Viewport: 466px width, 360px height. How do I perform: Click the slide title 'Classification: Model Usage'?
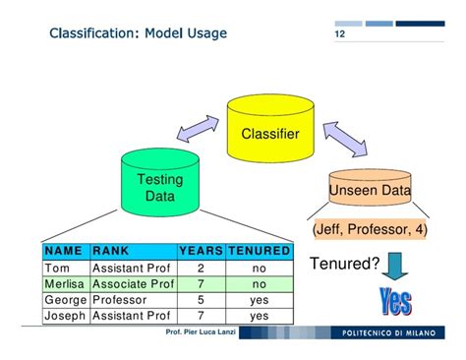tap(138, 34)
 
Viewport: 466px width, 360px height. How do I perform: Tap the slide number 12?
tap(340, 35)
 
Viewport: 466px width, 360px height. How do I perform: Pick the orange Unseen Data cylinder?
tap(370, 190)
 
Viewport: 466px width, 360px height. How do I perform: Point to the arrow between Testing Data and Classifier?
tap(196, 135)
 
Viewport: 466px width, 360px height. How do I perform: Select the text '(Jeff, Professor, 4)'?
tap(369, 229)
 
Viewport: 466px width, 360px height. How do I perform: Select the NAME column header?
tap(65, 251)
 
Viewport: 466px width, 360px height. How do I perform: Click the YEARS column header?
tap(201, 251)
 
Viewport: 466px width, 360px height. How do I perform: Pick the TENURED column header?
tap(259, 251)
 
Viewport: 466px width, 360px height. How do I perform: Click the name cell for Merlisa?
tap(66, 283)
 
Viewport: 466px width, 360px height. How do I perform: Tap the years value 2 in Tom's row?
tap(201, 268)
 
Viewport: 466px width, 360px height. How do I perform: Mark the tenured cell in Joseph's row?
tap(259, 316)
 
